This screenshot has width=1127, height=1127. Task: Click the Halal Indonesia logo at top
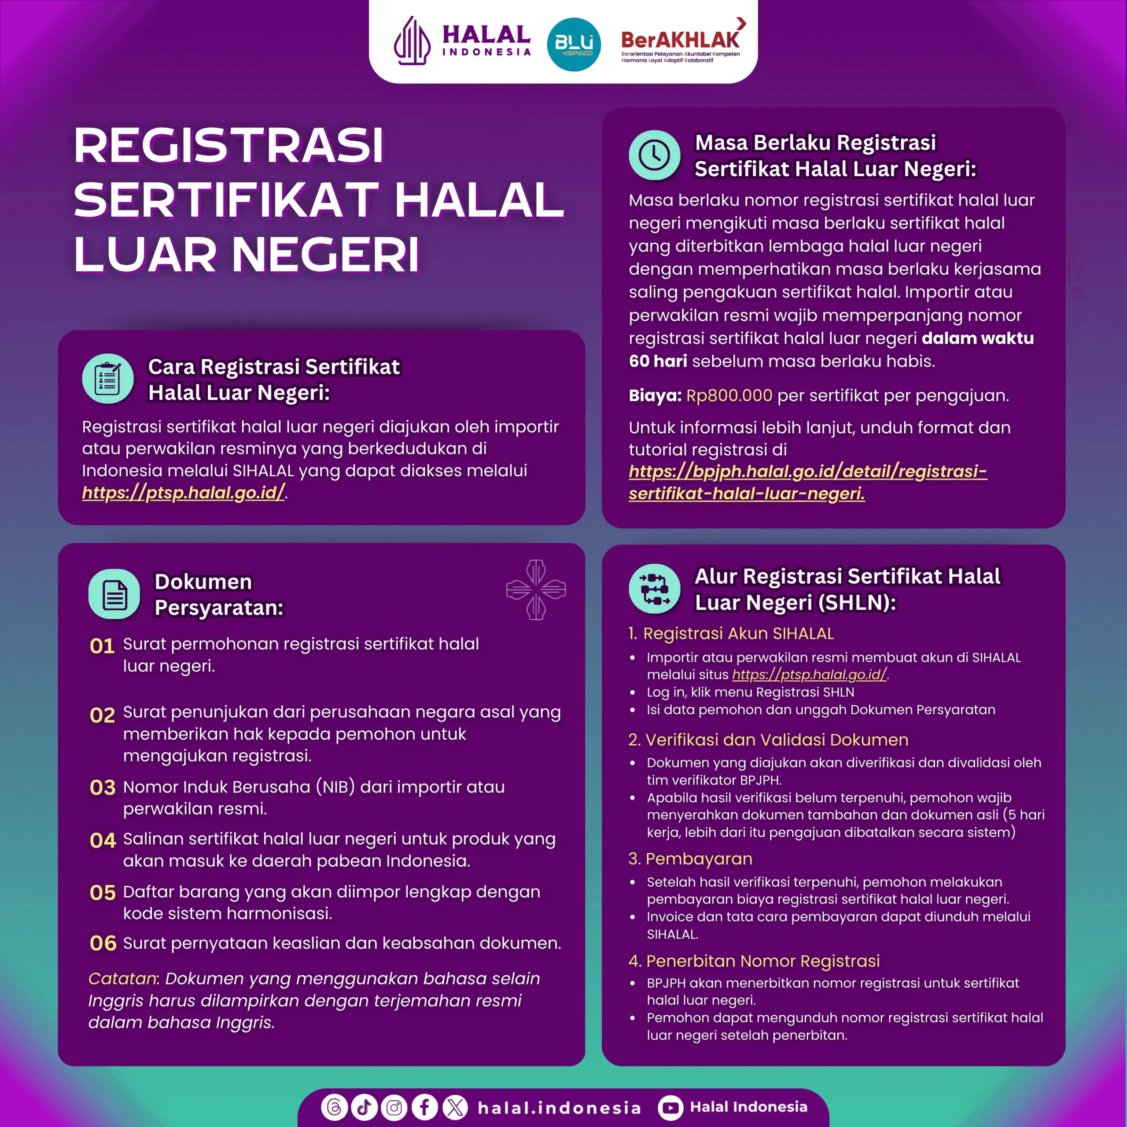coord(461,41)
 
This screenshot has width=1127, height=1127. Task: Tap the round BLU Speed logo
coord(574,44)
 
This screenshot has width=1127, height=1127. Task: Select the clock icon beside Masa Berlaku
coord(654,155)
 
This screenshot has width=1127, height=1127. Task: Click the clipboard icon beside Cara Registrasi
coord(108,379)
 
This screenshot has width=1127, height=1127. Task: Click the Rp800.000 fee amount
coord(729,395)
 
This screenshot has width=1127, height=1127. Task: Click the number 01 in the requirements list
coord(102,646)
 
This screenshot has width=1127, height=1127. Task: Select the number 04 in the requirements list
coord(103,840)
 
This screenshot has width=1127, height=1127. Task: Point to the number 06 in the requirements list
coord(103,943)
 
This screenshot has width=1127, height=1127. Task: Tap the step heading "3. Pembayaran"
coord(690,858)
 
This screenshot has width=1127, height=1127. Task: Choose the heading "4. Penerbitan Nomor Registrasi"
coord(754,961)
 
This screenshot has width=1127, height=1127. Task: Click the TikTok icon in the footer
coord(364,1107)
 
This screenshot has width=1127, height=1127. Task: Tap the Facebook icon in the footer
coord(425,1107)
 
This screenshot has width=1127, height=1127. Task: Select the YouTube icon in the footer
coord(670,1107)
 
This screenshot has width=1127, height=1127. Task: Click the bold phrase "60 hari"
coord(657,361)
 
